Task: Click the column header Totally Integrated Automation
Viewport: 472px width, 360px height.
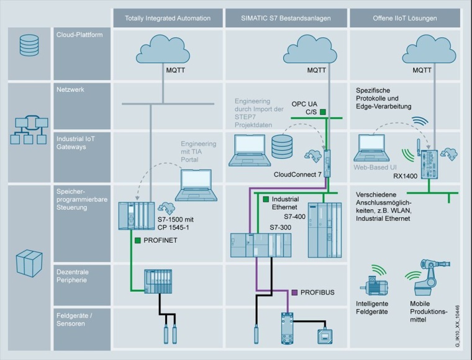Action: pos(168,18)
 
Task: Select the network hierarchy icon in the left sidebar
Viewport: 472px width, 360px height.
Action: pos(29,130)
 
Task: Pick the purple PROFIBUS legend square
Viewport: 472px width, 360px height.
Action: pos(294,291)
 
